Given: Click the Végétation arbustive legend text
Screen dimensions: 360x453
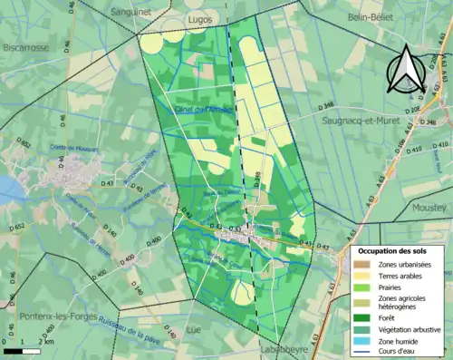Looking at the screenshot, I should coord(405,328).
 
